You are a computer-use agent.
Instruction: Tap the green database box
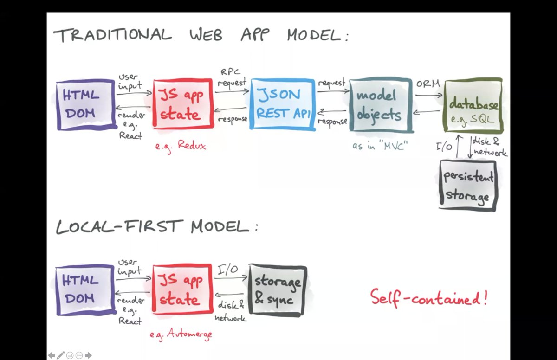[473, 105]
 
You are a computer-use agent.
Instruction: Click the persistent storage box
[467, 186]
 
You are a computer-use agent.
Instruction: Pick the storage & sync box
[278, 290]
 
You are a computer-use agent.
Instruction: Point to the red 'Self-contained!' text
[428, 297]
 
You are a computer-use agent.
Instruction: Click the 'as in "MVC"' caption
[379, 146]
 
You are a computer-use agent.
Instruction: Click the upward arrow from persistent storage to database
[458, 147]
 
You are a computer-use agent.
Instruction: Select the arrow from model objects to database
[428, 96]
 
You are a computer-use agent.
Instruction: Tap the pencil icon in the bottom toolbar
[60, 355]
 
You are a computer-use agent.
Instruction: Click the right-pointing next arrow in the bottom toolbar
[88, 355]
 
